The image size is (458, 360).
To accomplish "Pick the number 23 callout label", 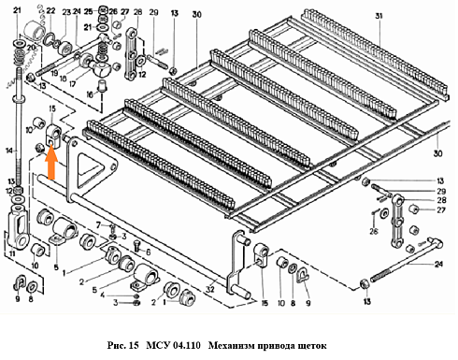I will [x=66, y=12].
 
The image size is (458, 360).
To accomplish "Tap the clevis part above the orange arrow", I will [x=54, y=137].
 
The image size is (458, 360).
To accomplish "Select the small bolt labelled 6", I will [x=129, y=248].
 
